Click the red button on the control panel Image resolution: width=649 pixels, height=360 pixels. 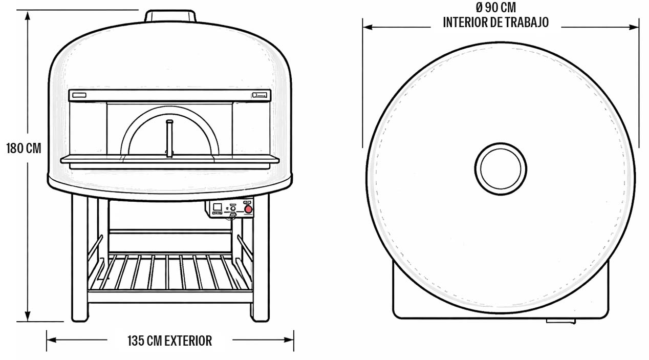(248, 209)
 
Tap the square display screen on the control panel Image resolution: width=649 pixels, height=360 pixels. (218, 207)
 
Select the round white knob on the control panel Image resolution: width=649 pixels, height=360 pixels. (233, 208)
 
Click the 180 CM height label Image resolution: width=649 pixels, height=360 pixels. (24, 148)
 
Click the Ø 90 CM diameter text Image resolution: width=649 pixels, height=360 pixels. (496, 8)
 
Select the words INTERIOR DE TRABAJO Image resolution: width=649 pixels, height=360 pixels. (496, 23)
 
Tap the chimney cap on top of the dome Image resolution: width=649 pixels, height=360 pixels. (170, 16)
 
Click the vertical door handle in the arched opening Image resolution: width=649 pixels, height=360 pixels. (169, 139)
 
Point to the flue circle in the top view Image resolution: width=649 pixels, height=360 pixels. (501, 169)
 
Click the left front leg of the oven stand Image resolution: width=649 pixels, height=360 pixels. (79, 258)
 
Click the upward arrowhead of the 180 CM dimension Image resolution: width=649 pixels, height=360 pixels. (28, 16)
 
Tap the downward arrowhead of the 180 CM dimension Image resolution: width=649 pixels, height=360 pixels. (28, 316)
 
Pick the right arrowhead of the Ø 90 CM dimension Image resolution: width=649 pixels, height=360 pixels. (634, 27)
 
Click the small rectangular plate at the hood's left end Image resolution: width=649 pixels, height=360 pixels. (79, 95)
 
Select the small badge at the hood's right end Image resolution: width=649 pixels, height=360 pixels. (259, 95)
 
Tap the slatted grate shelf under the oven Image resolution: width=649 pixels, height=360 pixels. (170, 272)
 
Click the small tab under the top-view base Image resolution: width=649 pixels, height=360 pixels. (560, 321)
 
